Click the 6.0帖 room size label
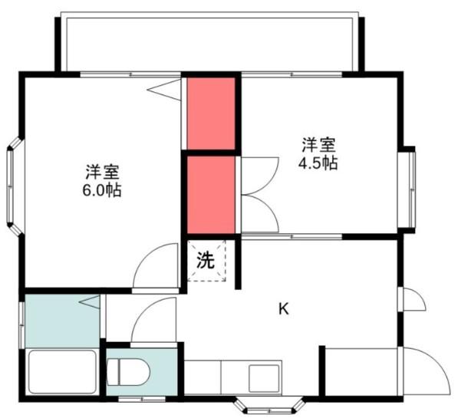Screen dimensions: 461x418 click(x=102, y=191)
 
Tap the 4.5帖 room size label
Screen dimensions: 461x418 click(x=318, y=163)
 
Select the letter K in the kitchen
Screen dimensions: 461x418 click(x=283, y=309)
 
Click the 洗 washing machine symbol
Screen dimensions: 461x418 click(x=206, y=261)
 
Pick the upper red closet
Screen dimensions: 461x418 click(x=211, y=114)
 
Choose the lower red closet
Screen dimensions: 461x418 click(x=211, y=195)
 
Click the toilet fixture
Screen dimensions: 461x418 click(x=128, y=372)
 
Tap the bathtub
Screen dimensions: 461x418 click(x=62, y=372)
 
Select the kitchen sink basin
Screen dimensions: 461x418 click(x=264, y=378)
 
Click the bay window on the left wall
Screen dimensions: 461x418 click(x=15, y=186)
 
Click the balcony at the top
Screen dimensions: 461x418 click(x=209, y=41)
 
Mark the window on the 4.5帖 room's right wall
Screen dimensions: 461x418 click(x=407, y=189)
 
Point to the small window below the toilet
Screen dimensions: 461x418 click(x=142, y=399)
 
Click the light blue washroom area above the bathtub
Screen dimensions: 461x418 click(x=62, y=321)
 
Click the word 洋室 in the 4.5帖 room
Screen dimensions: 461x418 click(x=318, y=145)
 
